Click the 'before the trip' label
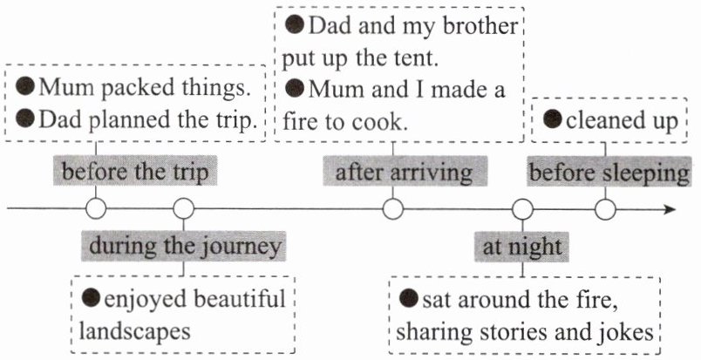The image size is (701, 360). coord(135,171)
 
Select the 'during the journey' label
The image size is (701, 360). coord(183,246)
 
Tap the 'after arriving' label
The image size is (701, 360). coord(405,171)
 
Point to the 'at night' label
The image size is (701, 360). coord(521,247)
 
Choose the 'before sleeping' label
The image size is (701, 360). coord(609,172)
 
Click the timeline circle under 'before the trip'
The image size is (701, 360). coord(96,208)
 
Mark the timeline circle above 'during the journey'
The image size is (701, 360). coord(184,208)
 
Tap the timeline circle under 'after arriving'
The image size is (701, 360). coord(393,209)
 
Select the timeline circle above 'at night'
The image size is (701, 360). coord(522,209)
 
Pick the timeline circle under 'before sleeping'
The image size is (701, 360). coord(605,209)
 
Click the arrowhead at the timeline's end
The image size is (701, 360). coord(670,209)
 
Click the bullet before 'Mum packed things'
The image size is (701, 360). coord(25,86)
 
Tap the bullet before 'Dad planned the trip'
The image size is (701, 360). coord(25,118)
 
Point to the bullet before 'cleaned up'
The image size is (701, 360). coord(553,119)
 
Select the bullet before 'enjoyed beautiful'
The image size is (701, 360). coord(91,297)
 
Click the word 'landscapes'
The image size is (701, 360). coord(134,332)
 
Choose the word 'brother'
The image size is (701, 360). coord(480,26)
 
